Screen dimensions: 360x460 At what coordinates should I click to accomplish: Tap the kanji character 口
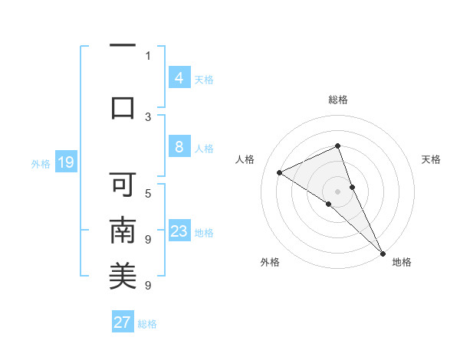click(x=123, y=106)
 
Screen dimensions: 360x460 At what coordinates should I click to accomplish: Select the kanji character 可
click(x=123, y=184)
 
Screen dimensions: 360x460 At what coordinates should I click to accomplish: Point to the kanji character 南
click(x=123, y=230)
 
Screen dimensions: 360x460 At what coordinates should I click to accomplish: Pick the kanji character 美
click(x=123, y=276)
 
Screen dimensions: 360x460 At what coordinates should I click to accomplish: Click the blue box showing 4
click(x=179, y=78)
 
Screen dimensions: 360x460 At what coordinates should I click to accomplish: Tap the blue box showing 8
click(x=179, y=147)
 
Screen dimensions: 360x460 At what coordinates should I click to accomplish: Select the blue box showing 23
click(x=179, y=231)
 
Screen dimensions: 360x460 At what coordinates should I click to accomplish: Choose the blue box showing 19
click(x=66, y=162)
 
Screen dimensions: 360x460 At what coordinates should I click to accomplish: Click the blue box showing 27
click(x=123, y=322)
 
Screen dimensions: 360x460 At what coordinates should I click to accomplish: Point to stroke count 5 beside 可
click(x=148, y=193)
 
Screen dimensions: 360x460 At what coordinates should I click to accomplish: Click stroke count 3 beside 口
click(x=148, y=116)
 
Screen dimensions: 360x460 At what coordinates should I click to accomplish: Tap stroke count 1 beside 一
click(x=148, y=55)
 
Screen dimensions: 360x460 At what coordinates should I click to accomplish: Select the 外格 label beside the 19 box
click(x=40, y=163)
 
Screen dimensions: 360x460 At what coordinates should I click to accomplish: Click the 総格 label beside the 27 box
click(x=147, y=324)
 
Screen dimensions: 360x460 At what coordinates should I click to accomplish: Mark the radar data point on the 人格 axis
click(x=280, y=173)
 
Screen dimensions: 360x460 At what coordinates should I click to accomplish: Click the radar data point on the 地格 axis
click(x=382, y=253)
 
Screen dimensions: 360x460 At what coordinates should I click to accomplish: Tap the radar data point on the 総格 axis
click(x=337, y=146)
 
